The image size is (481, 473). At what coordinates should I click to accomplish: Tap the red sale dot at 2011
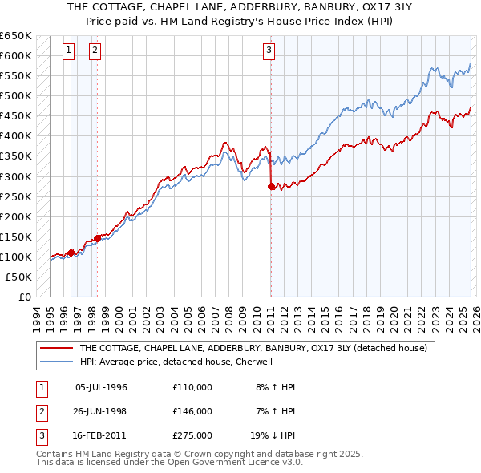coord(270,186)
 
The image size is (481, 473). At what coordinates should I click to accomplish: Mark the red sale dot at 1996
coord(71,253)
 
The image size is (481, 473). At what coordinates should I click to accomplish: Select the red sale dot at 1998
coord(98,238)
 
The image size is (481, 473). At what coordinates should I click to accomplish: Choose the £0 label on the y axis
coord(24,297)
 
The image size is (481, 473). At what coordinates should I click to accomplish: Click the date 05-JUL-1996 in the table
coord(101,387)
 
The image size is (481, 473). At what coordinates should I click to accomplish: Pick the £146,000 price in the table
coord(192,411)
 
